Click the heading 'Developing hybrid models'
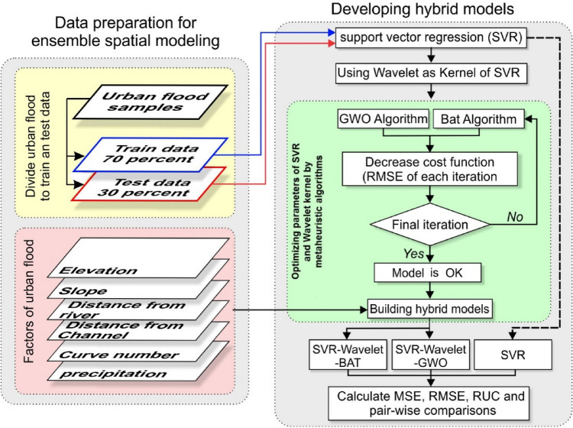423,11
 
